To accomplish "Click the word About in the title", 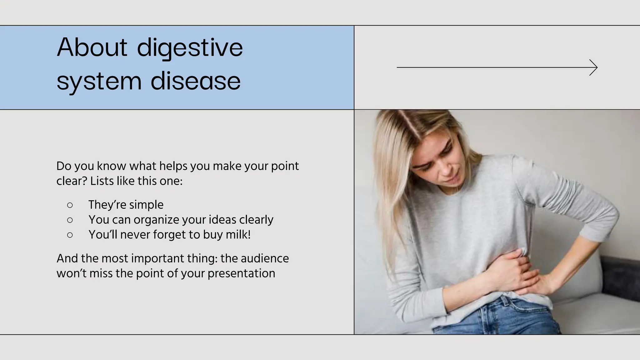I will point(92,47).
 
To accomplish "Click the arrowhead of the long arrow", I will point(594,67).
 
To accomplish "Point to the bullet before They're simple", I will point(70,205).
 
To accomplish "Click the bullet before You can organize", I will point(70,220).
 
